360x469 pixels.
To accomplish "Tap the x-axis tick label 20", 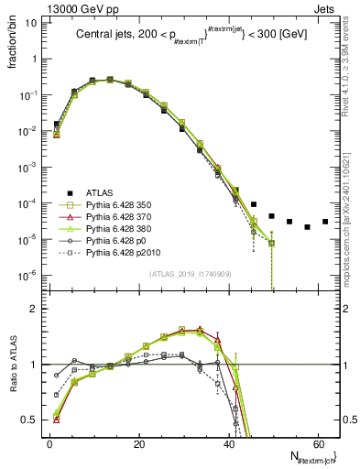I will point(138,444).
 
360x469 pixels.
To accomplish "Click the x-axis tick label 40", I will point(229,444).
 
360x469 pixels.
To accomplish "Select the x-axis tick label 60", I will point(318,444).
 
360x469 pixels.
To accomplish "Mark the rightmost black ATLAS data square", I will point(325,222).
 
